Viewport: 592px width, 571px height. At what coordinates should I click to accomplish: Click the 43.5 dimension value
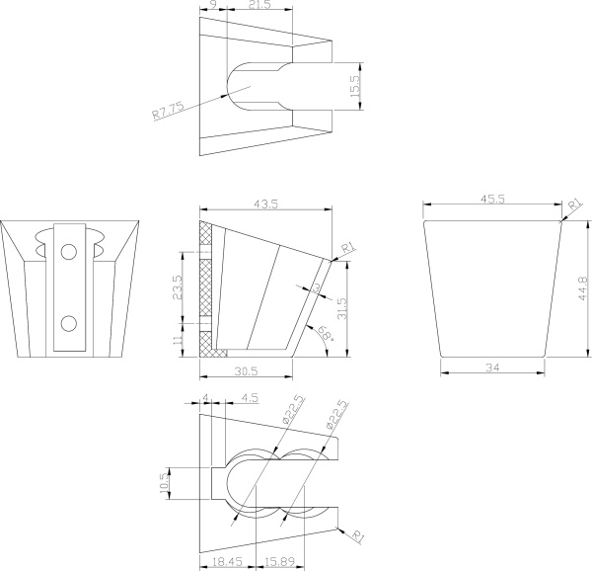(265, 204)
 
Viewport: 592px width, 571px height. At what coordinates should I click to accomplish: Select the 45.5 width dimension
(492, 200)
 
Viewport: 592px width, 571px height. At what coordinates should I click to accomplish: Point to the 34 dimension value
(492, 367)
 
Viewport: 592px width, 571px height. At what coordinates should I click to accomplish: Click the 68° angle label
(326, 333)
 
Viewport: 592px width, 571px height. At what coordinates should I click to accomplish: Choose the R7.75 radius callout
(169, 110)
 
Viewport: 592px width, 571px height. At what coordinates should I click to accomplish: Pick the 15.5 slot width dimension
(355, 86)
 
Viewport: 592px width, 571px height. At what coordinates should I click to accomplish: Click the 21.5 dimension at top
(259, 5)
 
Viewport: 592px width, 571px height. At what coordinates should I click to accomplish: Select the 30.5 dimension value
(246, 371)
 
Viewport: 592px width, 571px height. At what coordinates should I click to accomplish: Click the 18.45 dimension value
(227, 561)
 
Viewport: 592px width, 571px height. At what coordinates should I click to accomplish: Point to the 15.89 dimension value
(280, 561)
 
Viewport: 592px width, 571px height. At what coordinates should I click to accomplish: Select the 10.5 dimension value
(164, 483)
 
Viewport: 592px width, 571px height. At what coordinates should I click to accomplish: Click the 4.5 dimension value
(250, 398)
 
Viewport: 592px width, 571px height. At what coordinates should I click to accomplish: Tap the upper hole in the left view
(69, 252)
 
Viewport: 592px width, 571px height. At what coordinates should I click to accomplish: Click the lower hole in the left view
(69, 324)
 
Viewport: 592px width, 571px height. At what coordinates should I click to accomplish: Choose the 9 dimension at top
(213, 5)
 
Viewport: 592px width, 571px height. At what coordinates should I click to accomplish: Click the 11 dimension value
(179, 338)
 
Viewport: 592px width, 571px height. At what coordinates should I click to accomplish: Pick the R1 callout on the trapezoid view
(575, 205)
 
